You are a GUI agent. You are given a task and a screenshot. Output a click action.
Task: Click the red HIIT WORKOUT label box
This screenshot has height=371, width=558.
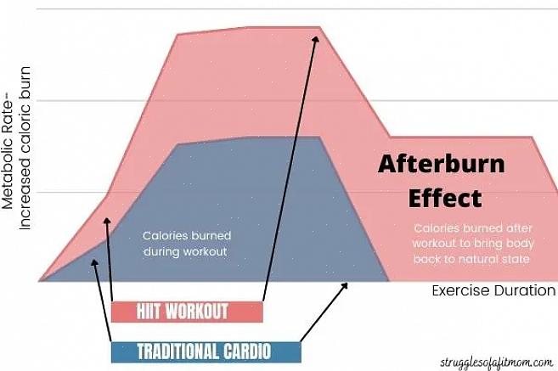[x=187, y=312]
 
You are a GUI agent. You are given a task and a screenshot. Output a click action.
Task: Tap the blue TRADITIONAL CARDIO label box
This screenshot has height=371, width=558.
[x=205, y=351]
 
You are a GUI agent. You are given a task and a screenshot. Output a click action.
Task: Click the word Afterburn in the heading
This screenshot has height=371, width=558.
[x=441, y=164]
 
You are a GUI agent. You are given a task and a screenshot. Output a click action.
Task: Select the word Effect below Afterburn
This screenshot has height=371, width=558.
[x=444, y=198]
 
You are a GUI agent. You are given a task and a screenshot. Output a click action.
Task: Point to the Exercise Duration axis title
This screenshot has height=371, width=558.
[x=493, y=290]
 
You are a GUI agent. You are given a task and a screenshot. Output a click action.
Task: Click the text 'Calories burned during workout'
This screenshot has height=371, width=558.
[x=187, y=244]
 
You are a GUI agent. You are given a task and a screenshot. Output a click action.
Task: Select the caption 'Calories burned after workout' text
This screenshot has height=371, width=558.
[x=472, y=243]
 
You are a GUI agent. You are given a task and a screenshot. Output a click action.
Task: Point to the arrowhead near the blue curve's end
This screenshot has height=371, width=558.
[x=345, y=285]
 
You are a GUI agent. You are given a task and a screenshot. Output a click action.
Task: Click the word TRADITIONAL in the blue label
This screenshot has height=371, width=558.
[x=172, y=351]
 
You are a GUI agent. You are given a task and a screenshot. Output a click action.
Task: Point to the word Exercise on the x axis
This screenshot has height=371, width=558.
[x=460, y=290]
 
